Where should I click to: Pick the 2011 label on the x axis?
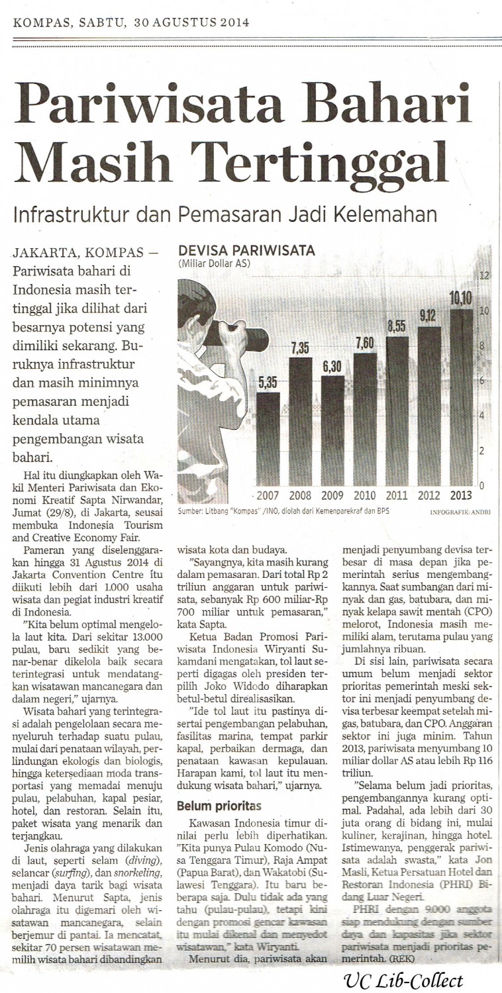click(x=396, y=496)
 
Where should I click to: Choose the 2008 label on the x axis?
click(x=300, y=496)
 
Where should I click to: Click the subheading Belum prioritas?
click(x=218, y=806)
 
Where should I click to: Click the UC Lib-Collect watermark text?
click(x=404, y=980)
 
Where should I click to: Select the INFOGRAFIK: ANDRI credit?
click(x=460, y=512)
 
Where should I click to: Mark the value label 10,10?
click(x=461, y=299)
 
